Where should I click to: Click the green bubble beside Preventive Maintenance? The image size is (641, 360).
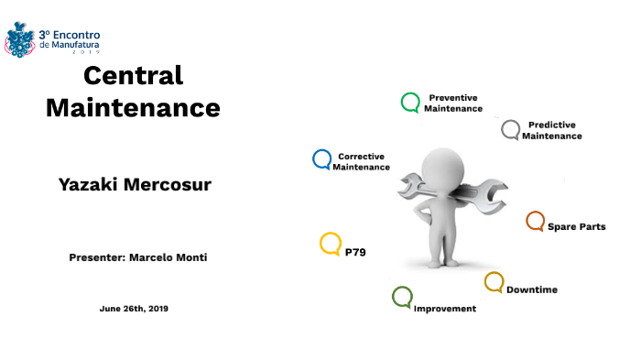(x=411, y=103)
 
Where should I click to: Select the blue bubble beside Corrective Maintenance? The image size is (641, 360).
(x=321, y=160)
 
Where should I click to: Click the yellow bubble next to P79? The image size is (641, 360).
(x=331, y=244)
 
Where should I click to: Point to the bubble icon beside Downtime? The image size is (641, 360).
(x=494, y=282)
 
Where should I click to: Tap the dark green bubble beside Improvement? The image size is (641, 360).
(x=402, y=297)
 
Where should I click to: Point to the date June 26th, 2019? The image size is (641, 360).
(x=134, y=309)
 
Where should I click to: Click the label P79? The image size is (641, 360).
(x=355, y=250)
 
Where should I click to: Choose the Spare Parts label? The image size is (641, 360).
(x=576, y=226)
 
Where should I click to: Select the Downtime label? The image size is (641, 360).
(x=532, y=289)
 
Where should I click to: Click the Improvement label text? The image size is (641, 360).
(x=445, y=309)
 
